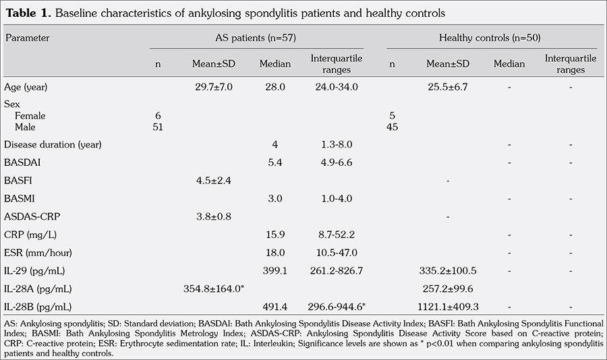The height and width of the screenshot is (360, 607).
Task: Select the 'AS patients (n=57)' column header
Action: point(256,38)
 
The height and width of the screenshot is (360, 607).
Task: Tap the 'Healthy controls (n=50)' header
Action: point(493,38)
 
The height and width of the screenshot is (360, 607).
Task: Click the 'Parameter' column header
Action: point(28,38)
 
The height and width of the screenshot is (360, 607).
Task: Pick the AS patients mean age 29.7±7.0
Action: point(212,87)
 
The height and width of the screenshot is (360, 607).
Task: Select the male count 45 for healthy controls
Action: point(392,127)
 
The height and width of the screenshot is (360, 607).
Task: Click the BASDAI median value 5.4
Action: point(275,162)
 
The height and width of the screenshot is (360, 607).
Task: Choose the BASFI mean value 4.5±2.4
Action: point(212,181)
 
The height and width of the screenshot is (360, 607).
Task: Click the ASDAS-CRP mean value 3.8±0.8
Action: point(212,216)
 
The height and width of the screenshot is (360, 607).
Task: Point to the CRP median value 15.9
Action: point(275,235)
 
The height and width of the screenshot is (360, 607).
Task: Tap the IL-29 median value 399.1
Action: point(275,271)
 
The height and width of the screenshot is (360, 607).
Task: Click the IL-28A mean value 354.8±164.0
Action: point(213,289)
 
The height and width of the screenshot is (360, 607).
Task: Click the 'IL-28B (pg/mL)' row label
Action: point(38,307)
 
